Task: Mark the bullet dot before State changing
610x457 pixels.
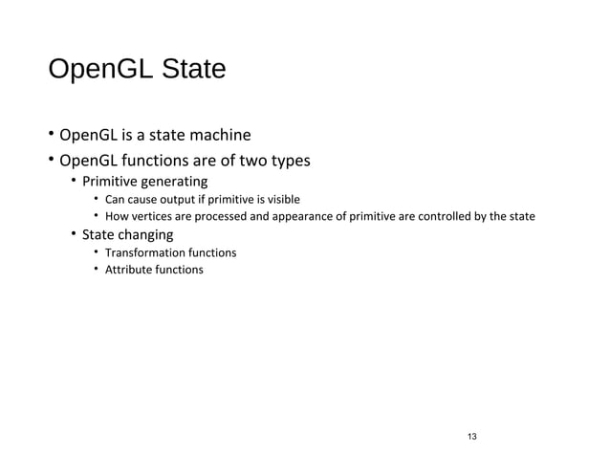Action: [x=74, y=235]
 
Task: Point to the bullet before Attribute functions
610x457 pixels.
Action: [x=97, y=270]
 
